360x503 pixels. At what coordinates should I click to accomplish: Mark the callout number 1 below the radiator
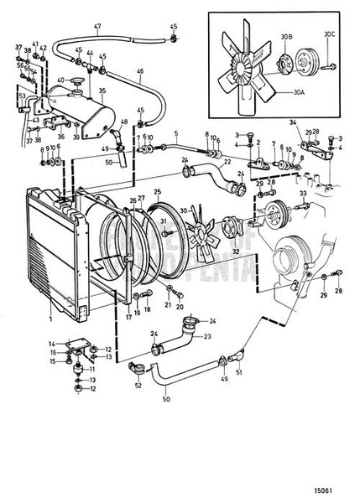click(x=50, y=319)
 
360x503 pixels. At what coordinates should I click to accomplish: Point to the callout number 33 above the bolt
click(x=301, y=194)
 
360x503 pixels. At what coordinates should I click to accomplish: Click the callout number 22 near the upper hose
click(x=227, y=161)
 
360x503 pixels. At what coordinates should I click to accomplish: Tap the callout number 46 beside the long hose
click(x=140, y=73)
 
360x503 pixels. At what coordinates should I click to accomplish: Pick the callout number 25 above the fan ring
click(x=156, y=193)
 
